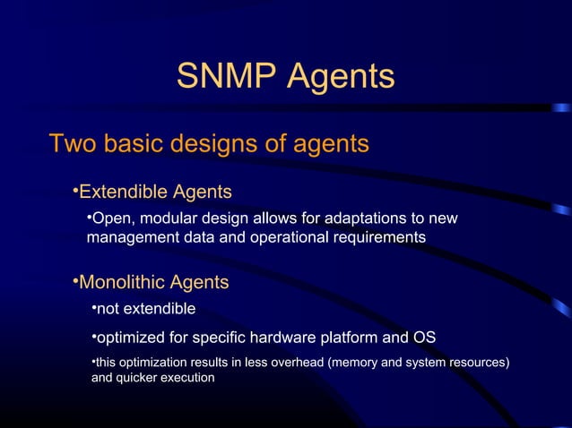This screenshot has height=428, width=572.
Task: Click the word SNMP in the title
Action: pos(227,77)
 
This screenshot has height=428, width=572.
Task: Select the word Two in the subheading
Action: pos(74,143)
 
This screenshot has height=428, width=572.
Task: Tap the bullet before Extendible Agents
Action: pos(75,192)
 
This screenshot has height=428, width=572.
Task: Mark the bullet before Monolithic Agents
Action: pos(75,283)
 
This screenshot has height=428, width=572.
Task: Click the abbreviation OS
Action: pos(423,338)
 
